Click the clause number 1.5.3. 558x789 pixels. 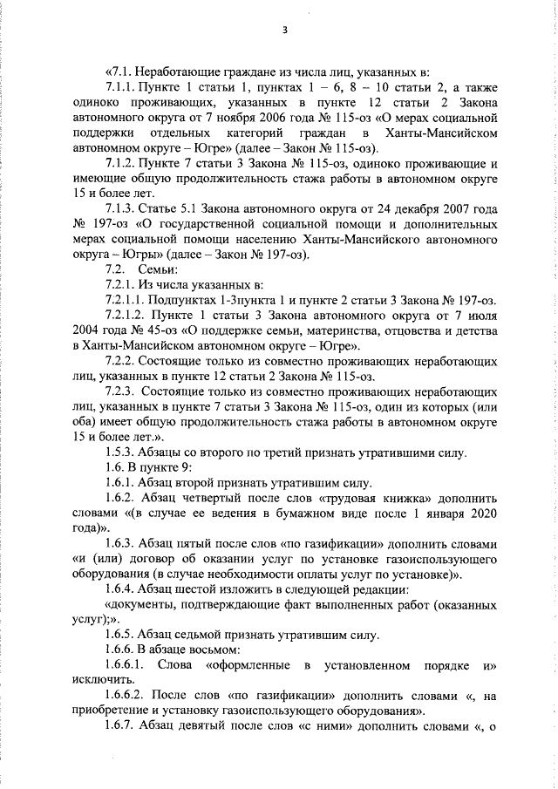[x=121, y=452]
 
